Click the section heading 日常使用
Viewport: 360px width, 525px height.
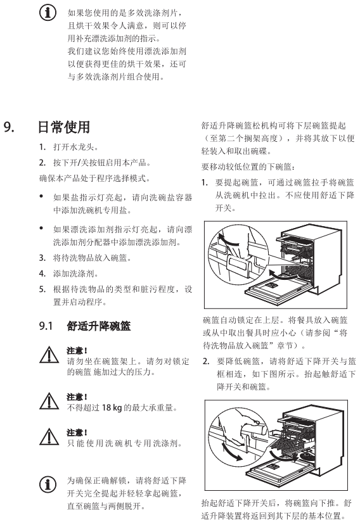pyautogui.click(x=63, y=127)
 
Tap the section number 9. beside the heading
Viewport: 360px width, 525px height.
pyautogui.click(x=9, y=127)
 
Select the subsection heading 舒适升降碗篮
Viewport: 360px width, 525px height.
pyautogui.click(x=98, y=326)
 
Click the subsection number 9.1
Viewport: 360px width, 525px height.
pyautogui.click(x=46, y=326)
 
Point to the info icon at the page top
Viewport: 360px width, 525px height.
pyautogui.click(x=48, y=13)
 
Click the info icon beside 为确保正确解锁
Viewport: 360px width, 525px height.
pyautogui.click(x=48, y=484)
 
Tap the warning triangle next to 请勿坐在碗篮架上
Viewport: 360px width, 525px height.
pyautogui.click(x=49, y=355)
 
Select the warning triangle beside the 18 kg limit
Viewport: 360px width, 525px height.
pyautogui.click(x=49, y=401)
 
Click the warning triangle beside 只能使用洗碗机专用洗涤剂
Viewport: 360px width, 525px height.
pyautogui.click(x=49, y=436)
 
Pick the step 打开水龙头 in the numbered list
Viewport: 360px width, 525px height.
pyautogui.click(x=76, y=147)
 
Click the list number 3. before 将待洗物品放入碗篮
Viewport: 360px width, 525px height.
pyautogui.click(x=42, y=258)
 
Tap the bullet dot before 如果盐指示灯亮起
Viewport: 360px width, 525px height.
pyautogui.click(x=41, y=196)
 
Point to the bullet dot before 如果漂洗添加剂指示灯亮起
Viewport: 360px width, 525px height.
pyautogui.click(x=41, y=228)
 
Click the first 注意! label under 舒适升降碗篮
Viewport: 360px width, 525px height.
pyautogui.click(x=77, y=351)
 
